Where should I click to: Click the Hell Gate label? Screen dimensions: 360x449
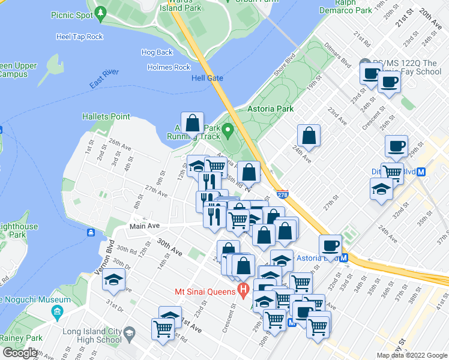click(207, 79)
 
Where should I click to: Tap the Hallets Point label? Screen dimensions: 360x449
click(106, 116)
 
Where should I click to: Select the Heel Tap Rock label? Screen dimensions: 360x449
click(79, 37)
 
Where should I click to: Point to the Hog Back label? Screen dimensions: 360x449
click(157, 53)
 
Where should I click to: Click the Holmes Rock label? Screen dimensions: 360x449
click(169, 67)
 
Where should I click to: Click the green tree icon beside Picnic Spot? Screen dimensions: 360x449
click(101, 12)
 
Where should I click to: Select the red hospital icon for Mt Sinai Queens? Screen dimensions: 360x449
click(243, 292)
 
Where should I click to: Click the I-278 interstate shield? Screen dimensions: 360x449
click(283, 194)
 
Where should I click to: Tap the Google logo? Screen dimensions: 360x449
click(19, 353)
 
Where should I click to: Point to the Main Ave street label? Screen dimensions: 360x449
click(145, 226)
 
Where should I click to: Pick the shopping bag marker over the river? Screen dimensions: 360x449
click(192, 123)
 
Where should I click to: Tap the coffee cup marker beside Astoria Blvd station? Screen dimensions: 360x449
click(330, 245)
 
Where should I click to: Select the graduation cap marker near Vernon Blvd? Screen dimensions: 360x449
click(113, 280)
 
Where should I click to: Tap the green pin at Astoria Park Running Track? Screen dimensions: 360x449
click(228, 130)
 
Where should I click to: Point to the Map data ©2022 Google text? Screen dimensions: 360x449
click(412, 355)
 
